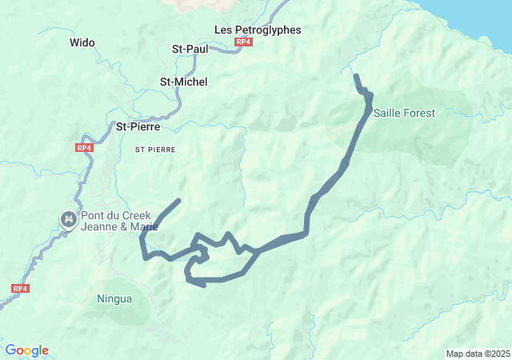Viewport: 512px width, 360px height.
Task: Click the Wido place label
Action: click(x=82, y=42)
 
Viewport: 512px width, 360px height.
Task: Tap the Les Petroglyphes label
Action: click(x=258, y=30)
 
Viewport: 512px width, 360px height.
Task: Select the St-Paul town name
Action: click(x=190, y=49)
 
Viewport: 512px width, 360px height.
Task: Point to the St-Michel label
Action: click(x=183, y=82)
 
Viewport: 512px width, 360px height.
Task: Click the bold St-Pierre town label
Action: click(x=138, y=126)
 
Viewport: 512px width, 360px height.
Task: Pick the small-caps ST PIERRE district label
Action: click(x=154, y=150)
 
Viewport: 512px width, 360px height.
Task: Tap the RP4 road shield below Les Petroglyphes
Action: click(x=243, y=42)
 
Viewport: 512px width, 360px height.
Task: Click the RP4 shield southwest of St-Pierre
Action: click(x=84, y=148)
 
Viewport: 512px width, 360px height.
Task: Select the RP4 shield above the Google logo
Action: click(x=20, y=289)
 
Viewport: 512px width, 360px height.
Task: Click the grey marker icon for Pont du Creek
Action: click(x=69, y=218)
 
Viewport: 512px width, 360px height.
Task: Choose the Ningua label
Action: click(x=114, y=299)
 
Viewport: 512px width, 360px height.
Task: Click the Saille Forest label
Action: click(x=404, y=114)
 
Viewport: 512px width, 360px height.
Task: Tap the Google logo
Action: click(x=26, y=350)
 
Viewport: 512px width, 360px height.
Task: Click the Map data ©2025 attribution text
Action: click(x=478, y=354)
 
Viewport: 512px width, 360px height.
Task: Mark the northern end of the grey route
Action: click(x=356, y=77)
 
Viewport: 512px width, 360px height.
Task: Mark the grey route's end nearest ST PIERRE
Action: click(x=178, y=200)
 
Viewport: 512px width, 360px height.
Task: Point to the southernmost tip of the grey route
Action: click(x=204, y=284)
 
